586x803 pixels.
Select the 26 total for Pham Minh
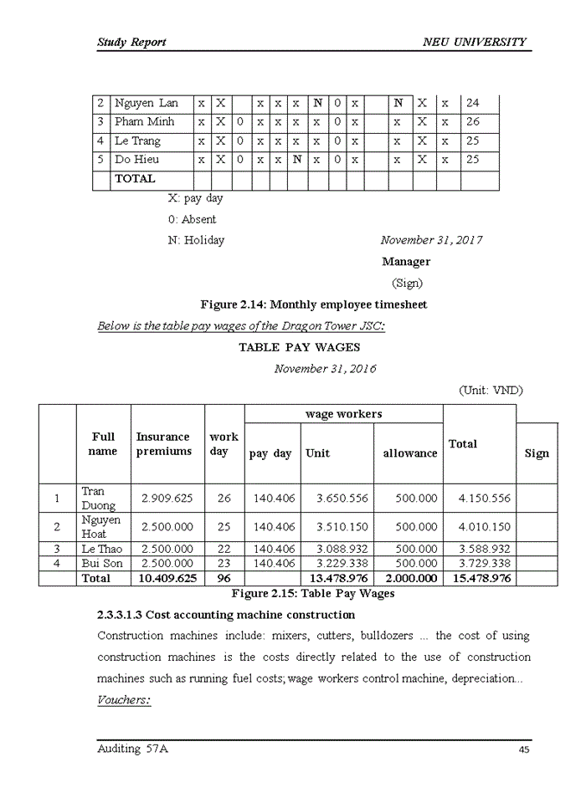click(472, 122)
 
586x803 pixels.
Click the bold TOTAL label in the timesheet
click(135, 179)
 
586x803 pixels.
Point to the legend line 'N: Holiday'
click(196, 241)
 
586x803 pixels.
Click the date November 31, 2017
click(431, 241)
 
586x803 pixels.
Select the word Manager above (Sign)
click(406, 262)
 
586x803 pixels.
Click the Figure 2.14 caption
click(313, 305)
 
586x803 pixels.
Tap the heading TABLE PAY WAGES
click(299, 347)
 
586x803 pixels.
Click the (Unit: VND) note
click(491, 390)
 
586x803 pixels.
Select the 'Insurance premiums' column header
click(164, 444)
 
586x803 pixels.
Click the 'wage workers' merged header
click(343, 414)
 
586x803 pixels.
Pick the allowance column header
click(409, 453)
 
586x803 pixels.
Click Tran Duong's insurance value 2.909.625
click(167, 499)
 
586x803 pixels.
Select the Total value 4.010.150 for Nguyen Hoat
click(478, 528)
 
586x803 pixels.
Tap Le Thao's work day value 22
click(224, 550)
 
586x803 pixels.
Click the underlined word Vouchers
click(124, 700)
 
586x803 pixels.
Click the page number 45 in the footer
click(523, 750)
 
